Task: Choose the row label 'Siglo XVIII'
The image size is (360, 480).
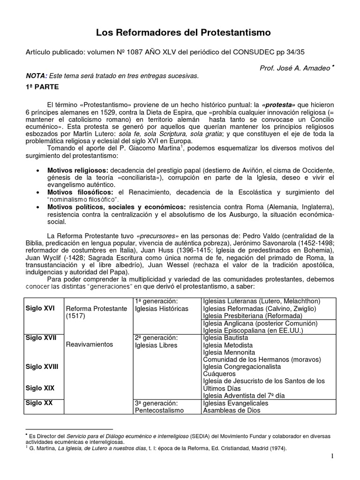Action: [42, 366]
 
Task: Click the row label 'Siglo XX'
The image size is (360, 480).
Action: [39, 403]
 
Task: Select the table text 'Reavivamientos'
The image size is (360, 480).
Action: [90, 344]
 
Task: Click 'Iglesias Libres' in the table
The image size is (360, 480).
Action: [156, 345]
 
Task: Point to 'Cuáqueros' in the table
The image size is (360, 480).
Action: [219, 374]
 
